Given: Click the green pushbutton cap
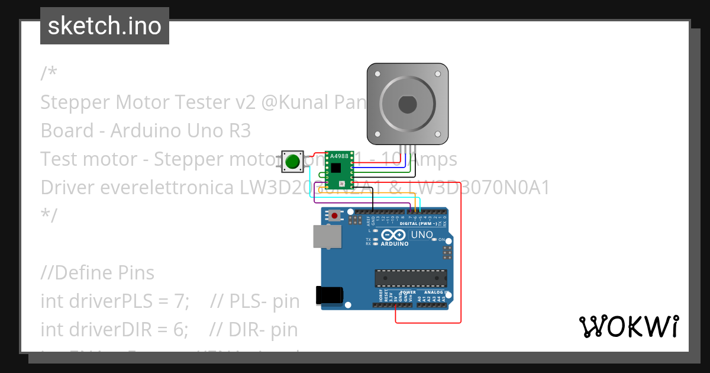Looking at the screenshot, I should click(292, 161).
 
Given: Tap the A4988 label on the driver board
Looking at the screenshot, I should click(339, 156).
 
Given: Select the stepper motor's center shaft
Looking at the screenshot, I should click(408, 104).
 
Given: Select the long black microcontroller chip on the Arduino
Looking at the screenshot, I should click(411, 278).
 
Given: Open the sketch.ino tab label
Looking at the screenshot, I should click(105, 26).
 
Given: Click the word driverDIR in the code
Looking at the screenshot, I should click(91, 330).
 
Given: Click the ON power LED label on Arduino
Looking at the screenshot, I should click(441, 240).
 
